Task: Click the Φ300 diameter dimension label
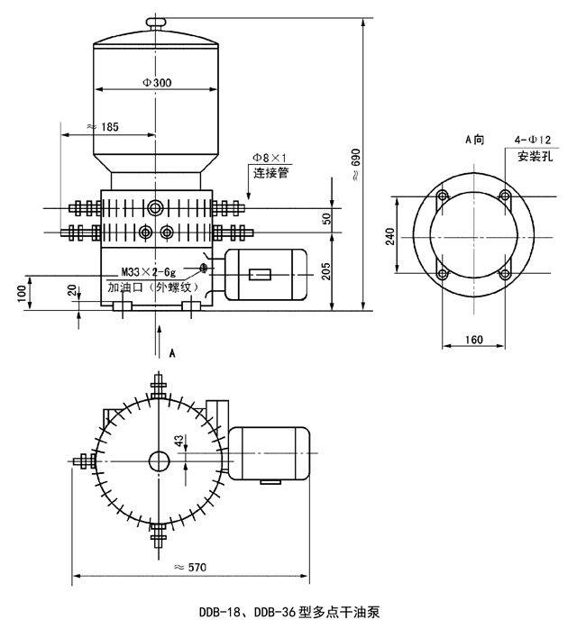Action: tap(157, 83)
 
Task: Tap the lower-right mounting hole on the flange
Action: tap(506, 272)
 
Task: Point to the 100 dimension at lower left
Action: tap(23, 293)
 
